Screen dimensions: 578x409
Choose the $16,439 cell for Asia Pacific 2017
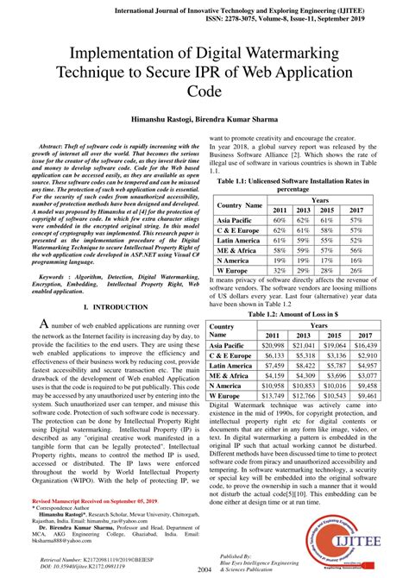pyautogui.click(x=366, y=344)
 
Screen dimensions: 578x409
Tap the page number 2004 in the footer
pyautogui.click(x=204, y=569)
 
